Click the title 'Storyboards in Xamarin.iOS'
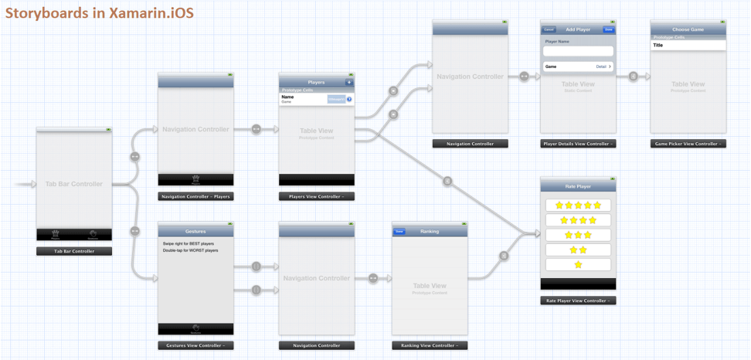coord(100,13)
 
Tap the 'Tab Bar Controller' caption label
coord(73,251)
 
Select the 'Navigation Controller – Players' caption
coord(195,197)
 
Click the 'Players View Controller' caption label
coord(316,197)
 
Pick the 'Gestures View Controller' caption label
coord(195,346)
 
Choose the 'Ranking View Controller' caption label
coord(429,346)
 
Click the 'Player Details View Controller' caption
coord(578,144)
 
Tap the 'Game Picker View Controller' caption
coord(688,144)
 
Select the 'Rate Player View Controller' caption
coord(578,301)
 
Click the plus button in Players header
coord(348,82)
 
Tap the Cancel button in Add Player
coord(549,29)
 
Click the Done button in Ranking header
coord(399,231)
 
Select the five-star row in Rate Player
coord(578,205)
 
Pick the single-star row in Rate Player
coord(578,265)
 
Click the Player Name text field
coord(578,51)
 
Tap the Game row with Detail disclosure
coord(578,67)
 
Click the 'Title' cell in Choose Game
coord(688,46)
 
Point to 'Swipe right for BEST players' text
coord(189,243)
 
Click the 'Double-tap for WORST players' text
coord(190,251)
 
